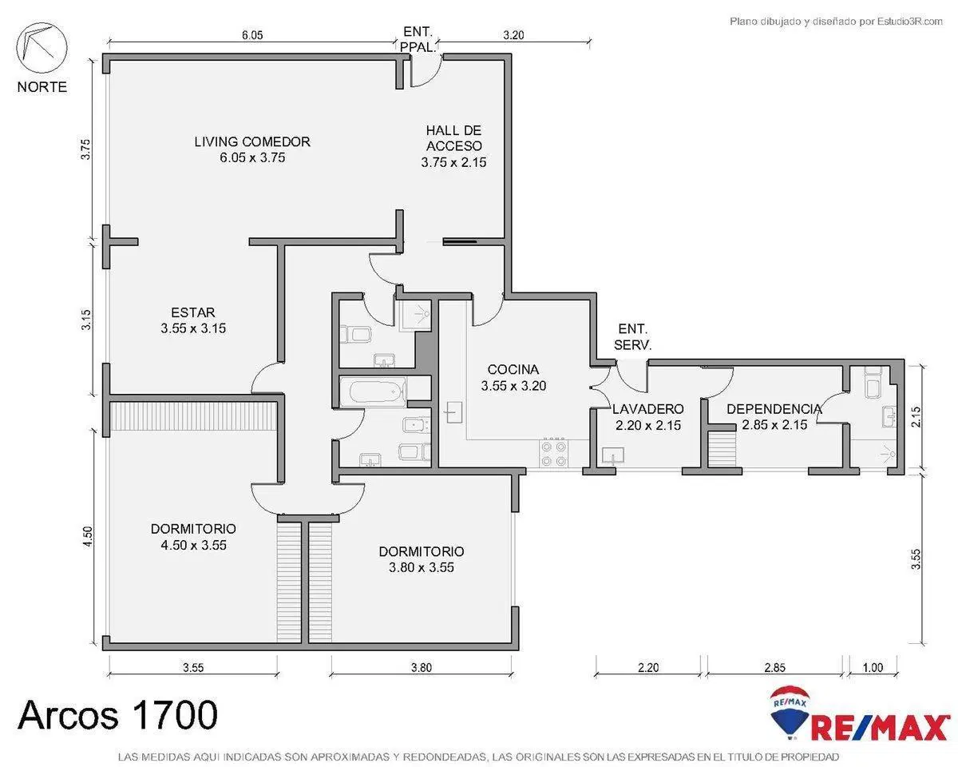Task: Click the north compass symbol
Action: [x=42, y=48]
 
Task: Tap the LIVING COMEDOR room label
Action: [x=252, y=149]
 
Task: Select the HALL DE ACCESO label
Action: [x=453, y=146]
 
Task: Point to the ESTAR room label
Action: [x=193, y=320]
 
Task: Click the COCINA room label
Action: [x=513, y=377]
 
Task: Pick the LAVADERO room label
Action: [x=647, y=417]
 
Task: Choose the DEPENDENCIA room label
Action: [x=774, y=417]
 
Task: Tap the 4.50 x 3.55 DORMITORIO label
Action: [x=193, y=537]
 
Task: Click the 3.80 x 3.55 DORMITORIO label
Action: [x=422, y=559]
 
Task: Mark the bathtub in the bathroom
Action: [x=378, y=392]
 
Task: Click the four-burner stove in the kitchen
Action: [x=554, y=454]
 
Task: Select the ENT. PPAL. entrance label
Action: [x=417, y=39]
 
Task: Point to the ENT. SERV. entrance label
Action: [x=632, y=337]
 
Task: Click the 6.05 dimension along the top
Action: [x=252, y=35]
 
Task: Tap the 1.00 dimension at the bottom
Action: [x=873, y=667]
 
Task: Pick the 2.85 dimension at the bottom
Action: [x=775, y=667]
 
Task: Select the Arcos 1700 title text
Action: [x=118, y=714]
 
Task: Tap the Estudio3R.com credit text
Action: [x=836, y=21]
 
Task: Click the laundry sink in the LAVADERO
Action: [x=613, y=456]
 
